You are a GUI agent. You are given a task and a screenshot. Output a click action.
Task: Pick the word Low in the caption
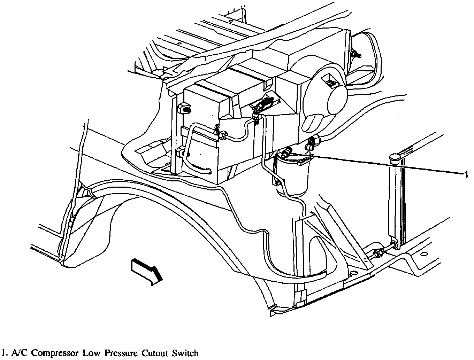[90, 353]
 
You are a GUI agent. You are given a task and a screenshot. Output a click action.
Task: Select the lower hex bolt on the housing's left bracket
[181, 152]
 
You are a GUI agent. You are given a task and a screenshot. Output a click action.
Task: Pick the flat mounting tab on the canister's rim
[304, 161]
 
